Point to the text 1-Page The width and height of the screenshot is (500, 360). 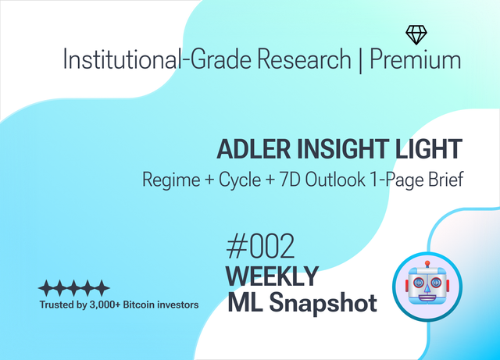point(410,179)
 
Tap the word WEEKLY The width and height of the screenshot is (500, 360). point(272,276)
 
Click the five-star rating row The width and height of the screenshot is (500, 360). point(74,288)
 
